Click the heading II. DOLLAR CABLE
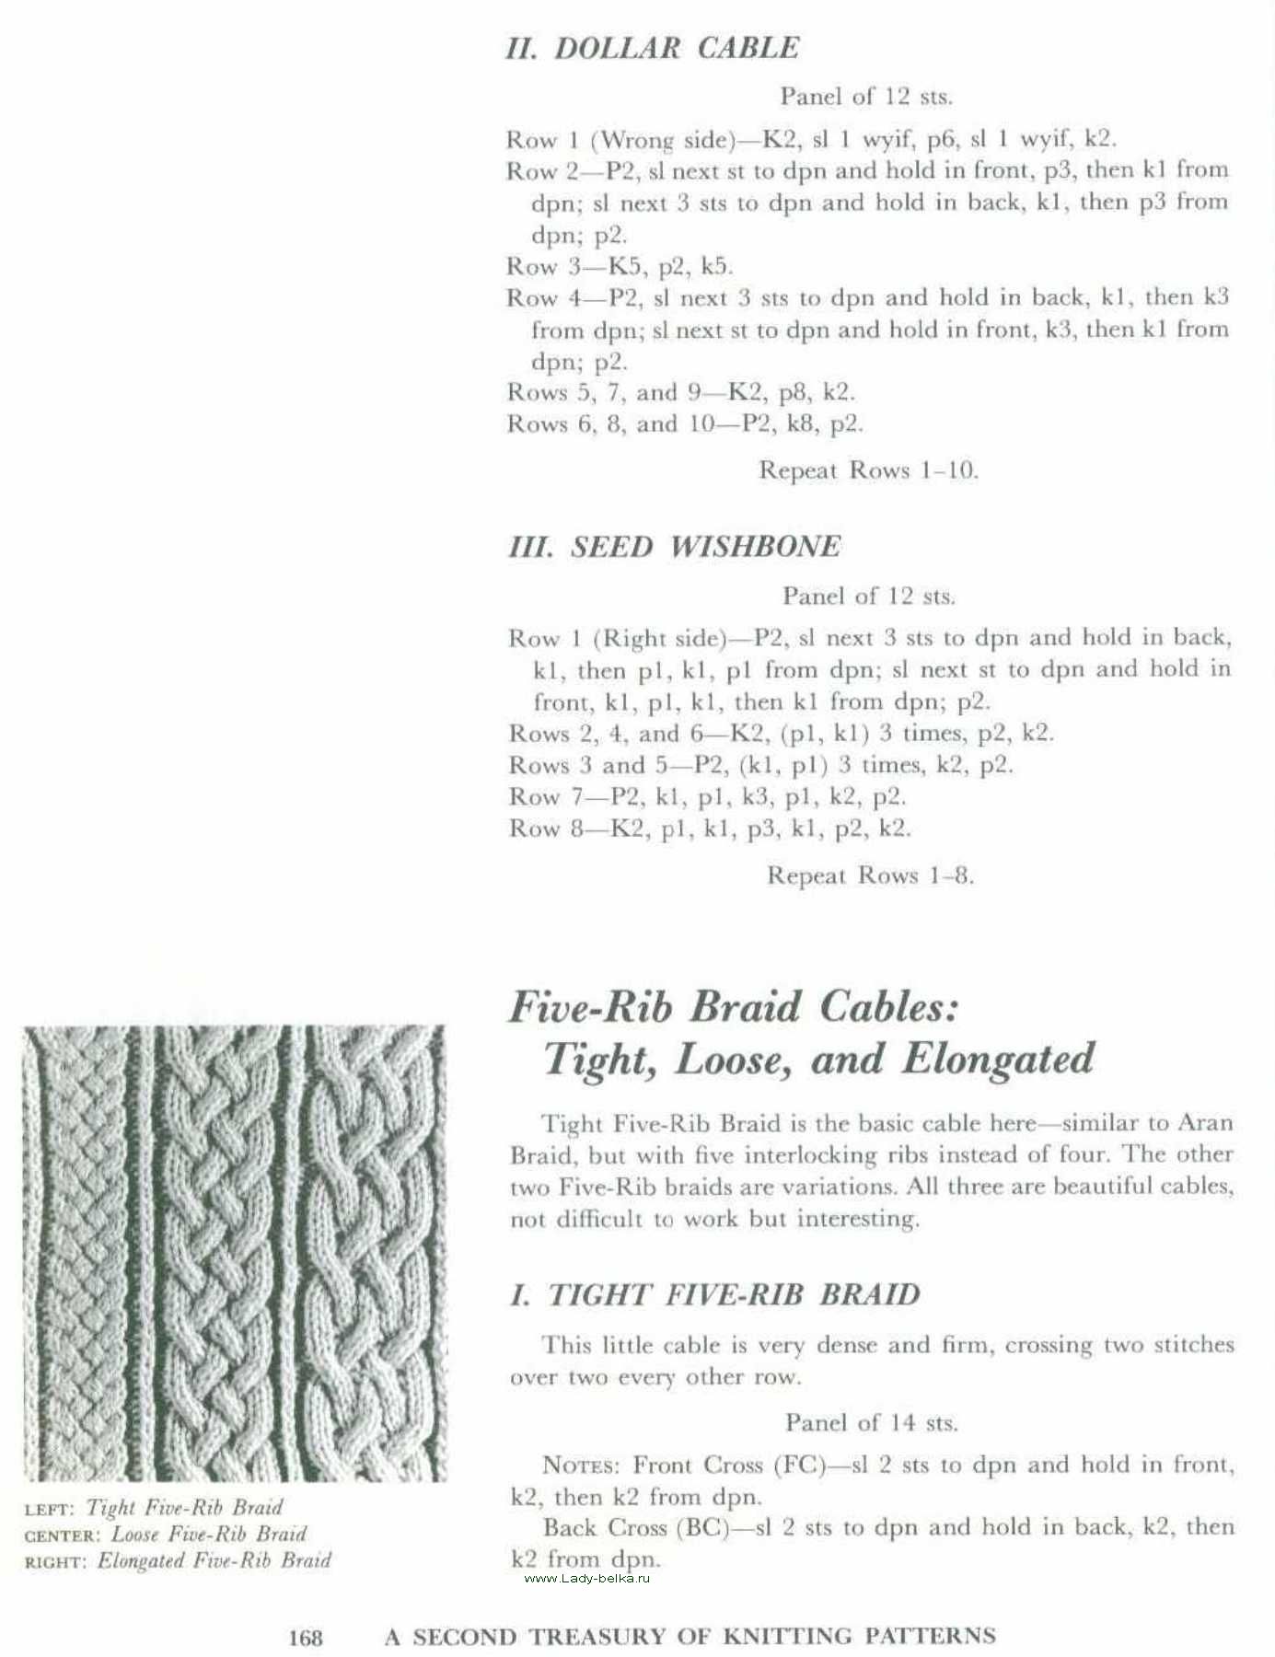pos(652,48)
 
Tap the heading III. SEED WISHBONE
pos(674,547)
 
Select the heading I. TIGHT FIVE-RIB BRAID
pos(714,1294)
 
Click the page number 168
pos(306,1638)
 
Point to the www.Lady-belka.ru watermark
pos(586,1579)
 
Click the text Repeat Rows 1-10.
pos(867,470)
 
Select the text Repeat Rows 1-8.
pos(870,875)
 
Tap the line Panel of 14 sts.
pos(871,1423)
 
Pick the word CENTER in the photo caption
pos(63,1536)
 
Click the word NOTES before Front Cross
pos(582,1466)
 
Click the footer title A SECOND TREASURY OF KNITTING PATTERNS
pos(690,1637)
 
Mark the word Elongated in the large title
pos(998,1059)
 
